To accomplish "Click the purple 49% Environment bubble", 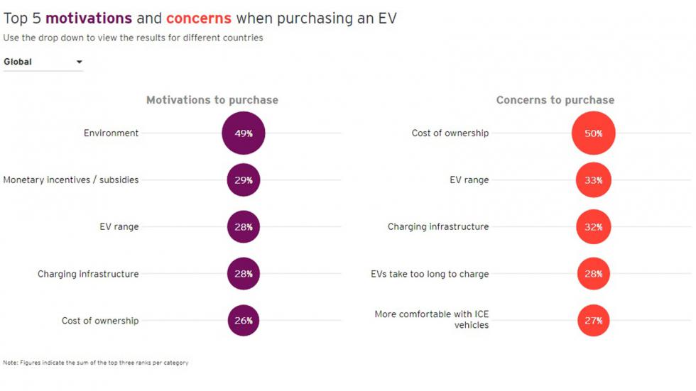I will (244, 133).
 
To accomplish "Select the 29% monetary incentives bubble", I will (244, 180).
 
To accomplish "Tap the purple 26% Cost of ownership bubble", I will (244, 321).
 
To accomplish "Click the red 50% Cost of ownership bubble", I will (593, 133).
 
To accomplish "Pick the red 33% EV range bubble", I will (593, 180).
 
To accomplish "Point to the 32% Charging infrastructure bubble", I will (593, 227).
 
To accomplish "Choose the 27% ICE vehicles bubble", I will (593, 321).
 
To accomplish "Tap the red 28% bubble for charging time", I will (593, 274).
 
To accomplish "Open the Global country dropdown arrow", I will (80, 62).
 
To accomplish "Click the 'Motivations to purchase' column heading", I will (212, 100).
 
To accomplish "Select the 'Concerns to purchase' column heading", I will (555, 100).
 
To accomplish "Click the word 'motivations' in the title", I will (89, 18).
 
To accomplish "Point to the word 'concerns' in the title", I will (199, 18).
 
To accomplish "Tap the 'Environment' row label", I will (112, 133).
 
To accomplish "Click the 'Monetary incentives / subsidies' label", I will (71, 180).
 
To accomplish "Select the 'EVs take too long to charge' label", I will (430, 274).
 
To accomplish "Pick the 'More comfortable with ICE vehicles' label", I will (432, 319).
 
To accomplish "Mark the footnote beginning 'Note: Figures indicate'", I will (96, 363).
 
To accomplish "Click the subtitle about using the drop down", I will (133, 38).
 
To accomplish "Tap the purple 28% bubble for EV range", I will (244, 227).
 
